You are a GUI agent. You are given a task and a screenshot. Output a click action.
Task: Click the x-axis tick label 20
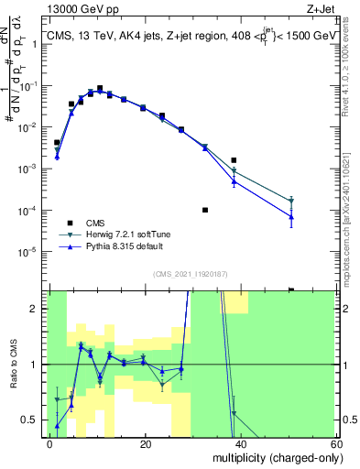click(146, 442)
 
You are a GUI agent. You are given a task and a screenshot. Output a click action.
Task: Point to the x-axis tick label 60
click(335, 442)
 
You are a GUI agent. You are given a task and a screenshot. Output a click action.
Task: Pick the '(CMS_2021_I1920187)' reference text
click(190, 273)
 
